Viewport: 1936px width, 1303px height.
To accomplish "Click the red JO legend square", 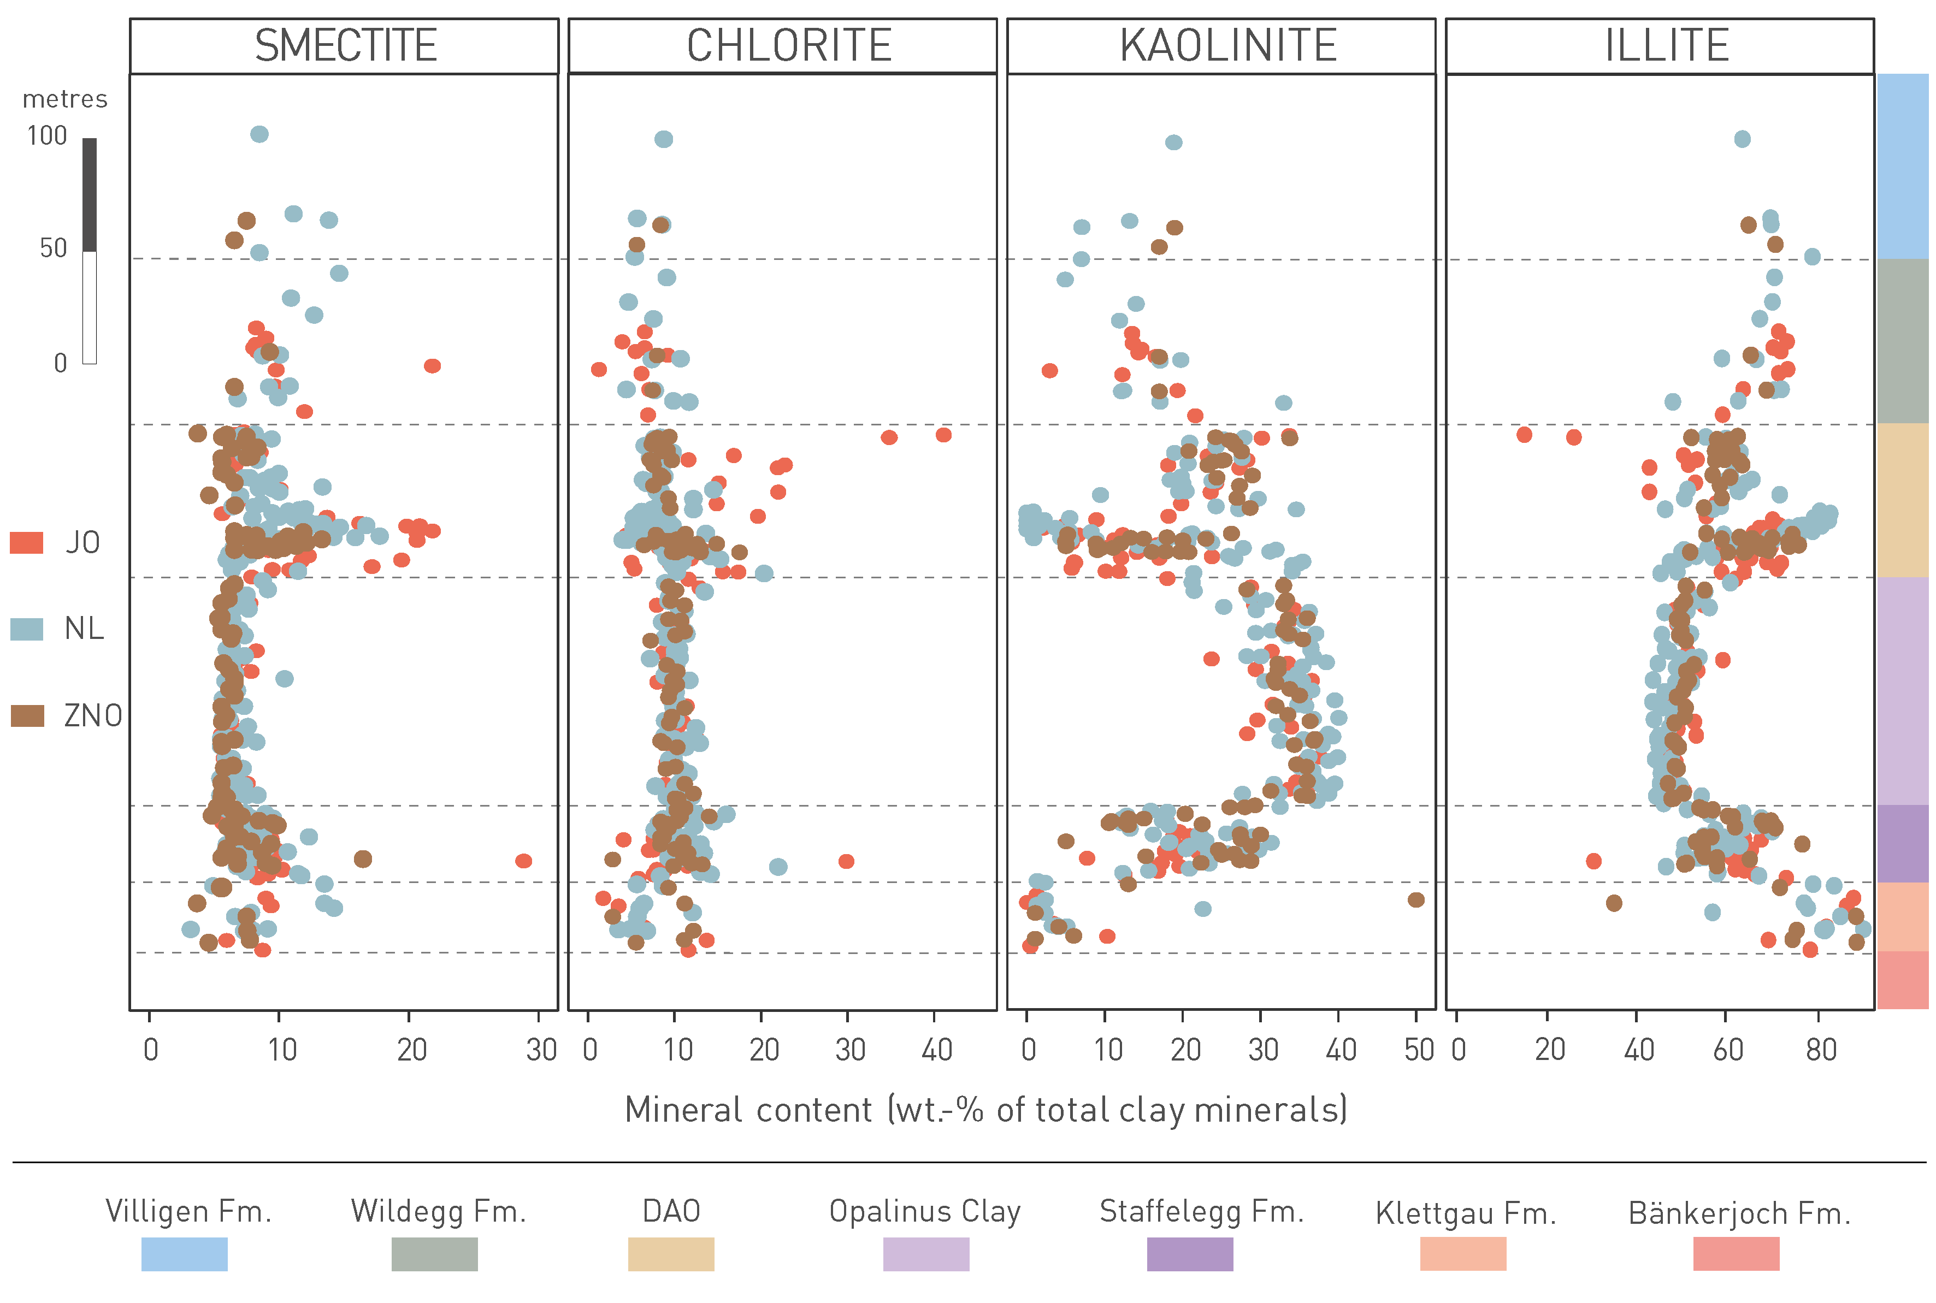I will (27, 543).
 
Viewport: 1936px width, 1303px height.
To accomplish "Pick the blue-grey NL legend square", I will (27, 629).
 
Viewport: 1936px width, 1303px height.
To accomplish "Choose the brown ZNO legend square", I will (27, 715).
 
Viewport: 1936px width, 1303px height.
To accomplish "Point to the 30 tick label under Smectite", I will (541, 1050).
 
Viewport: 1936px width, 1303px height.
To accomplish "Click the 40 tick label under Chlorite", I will (937, 1050).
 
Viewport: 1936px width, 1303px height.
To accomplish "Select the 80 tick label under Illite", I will (1820, 1050).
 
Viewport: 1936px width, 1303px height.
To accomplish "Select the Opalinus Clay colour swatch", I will (925, 1254).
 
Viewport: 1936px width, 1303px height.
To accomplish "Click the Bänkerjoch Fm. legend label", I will (1739, 1214).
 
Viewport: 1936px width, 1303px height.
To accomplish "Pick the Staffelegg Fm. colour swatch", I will (1190, 1254).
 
